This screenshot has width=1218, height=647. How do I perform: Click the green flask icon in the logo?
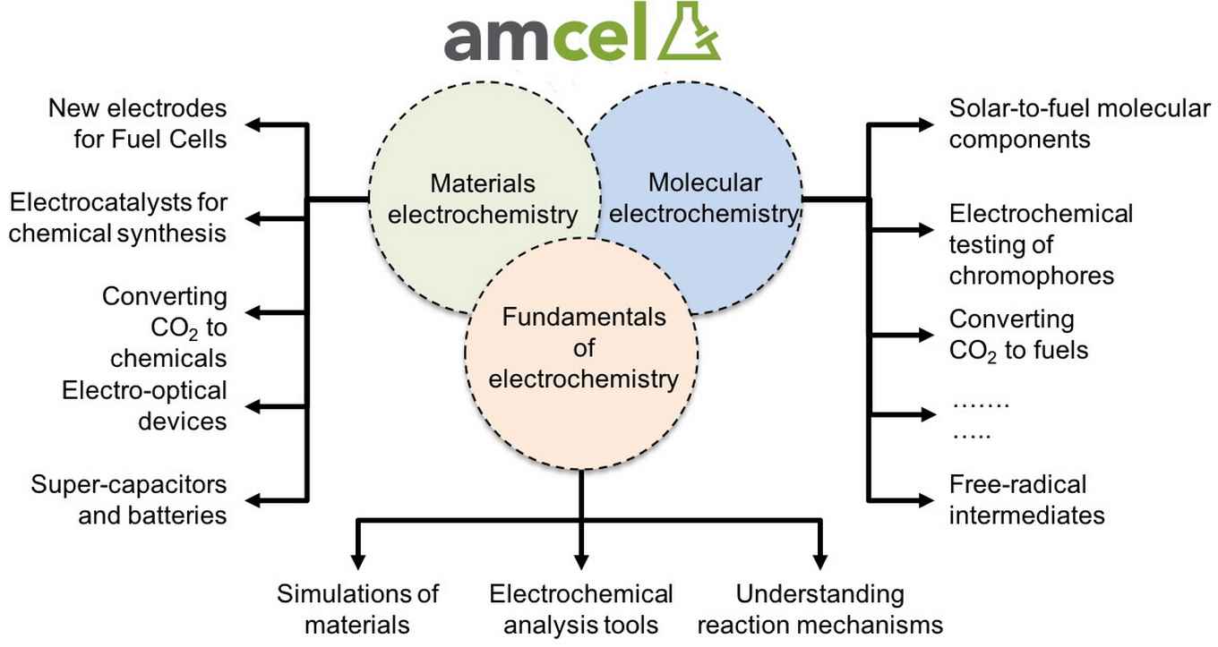pos(689,32)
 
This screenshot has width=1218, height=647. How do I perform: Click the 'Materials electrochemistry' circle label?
pos(483,199)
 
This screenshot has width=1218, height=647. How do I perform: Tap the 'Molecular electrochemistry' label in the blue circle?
pos(704,198)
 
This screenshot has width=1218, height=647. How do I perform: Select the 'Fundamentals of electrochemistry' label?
pos(583,348)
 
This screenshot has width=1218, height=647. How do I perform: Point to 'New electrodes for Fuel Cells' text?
pos(137,123)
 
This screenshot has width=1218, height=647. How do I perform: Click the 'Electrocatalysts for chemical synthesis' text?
pos(118,217)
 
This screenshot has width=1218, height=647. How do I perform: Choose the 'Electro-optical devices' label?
pos(144,405)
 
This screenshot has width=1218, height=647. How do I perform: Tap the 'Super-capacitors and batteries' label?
pos(129,499)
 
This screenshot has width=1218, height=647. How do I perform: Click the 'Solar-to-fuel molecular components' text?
pos(1079,123)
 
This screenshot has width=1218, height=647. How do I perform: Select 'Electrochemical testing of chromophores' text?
pos(1041,244)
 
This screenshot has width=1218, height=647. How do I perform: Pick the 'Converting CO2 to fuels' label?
pos(1018,336)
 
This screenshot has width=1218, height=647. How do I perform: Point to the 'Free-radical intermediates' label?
pos(1026,499)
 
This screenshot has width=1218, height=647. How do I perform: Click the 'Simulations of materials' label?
pos(357,609)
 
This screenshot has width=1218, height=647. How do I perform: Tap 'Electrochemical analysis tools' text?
pos(580,609)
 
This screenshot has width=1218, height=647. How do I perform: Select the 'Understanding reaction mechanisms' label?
pos(820,609)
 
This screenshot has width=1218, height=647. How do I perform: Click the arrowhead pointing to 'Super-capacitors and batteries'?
pos(253,500)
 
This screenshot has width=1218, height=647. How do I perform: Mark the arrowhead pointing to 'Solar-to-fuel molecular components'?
pos(926,125)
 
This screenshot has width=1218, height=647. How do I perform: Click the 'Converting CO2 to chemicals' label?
pos(164,328)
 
